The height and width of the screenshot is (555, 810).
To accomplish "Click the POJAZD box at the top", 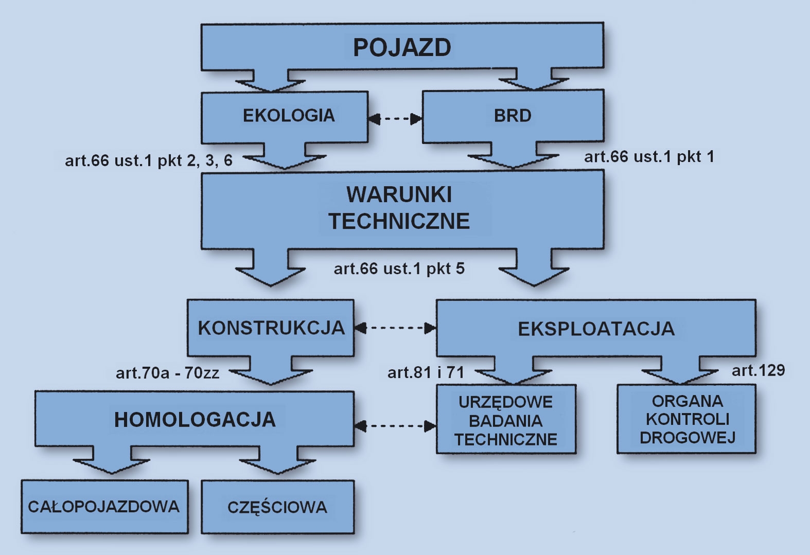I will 402,47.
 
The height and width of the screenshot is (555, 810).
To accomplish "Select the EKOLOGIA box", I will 288,115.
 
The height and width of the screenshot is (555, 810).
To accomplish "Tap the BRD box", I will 513,116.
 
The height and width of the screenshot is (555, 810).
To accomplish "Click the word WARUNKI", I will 399,195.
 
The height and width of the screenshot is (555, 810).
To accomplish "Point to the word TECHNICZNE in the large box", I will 399,221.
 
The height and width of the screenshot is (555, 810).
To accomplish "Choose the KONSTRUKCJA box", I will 271,328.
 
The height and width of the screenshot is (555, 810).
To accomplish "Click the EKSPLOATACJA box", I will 596,329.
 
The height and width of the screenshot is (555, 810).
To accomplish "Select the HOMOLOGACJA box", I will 195,420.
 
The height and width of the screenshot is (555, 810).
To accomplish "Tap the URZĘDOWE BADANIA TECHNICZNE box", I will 506,421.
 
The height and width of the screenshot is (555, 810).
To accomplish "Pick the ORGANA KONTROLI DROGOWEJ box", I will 687,419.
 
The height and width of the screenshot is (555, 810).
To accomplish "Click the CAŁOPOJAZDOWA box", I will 104,507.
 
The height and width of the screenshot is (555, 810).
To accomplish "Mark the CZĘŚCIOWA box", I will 277,507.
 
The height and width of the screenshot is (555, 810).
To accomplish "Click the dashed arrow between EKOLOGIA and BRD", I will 395,119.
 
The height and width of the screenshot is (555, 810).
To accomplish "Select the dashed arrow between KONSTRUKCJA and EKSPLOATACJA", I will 395,328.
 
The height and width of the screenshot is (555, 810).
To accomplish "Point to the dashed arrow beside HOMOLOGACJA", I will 395,425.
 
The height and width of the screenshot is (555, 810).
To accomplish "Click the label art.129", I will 758,370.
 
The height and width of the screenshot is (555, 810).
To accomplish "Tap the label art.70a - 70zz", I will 168,372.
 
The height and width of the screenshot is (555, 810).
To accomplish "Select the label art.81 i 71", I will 426,372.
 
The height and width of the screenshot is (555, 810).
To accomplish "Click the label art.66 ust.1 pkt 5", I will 399,268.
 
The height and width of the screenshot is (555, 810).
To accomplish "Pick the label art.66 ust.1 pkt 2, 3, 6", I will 149,160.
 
